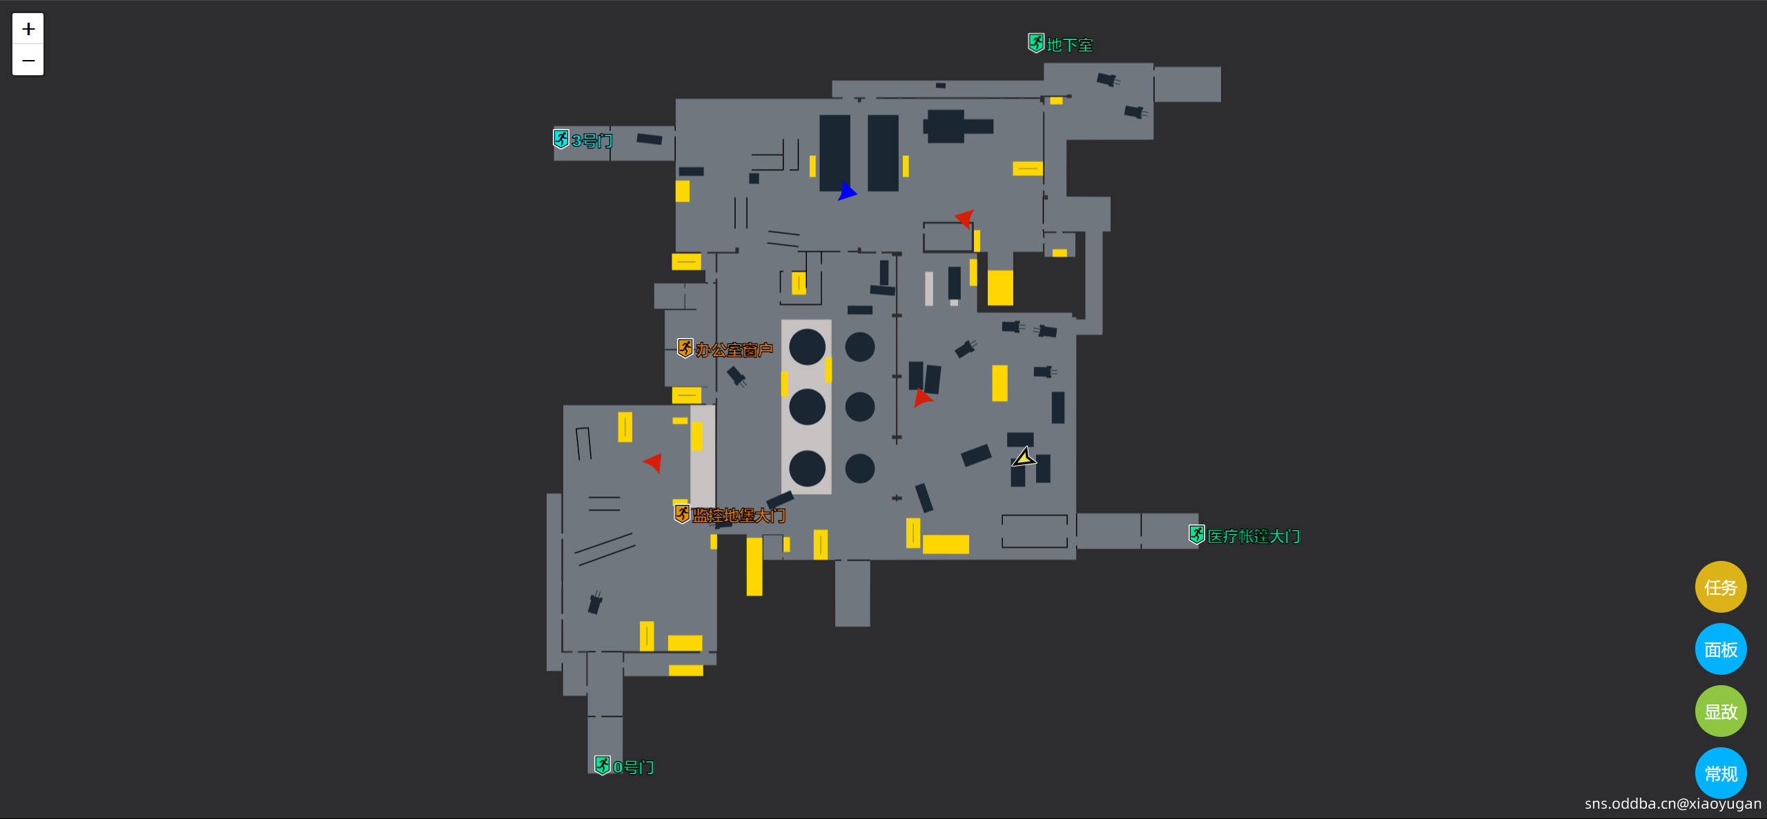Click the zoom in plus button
pos(28,29)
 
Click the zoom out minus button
pos(28,61)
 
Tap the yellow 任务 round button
pos(1720,587)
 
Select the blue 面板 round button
pos(1720,649)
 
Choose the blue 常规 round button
pos(1720,773)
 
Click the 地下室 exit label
pos(1069,46)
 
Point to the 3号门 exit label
pos(592,141)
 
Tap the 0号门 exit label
pos(633,767)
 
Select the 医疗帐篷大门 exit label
pos(1253,536)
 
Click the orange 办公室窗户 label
pos(734,350)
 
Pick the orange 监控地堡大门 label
pos(739,515)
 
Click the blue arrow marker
pos(846,191)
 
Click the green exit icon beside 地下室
pos(1035,43)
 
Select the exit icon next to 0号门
pos(603,764)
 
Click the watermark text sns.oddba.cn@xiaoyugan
pos(1672,804)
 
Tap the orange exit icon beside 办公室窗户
pos(685,348)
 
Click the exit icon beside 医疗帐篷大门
pos(1196,534)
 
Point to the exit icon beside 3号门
pos(560,139)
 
